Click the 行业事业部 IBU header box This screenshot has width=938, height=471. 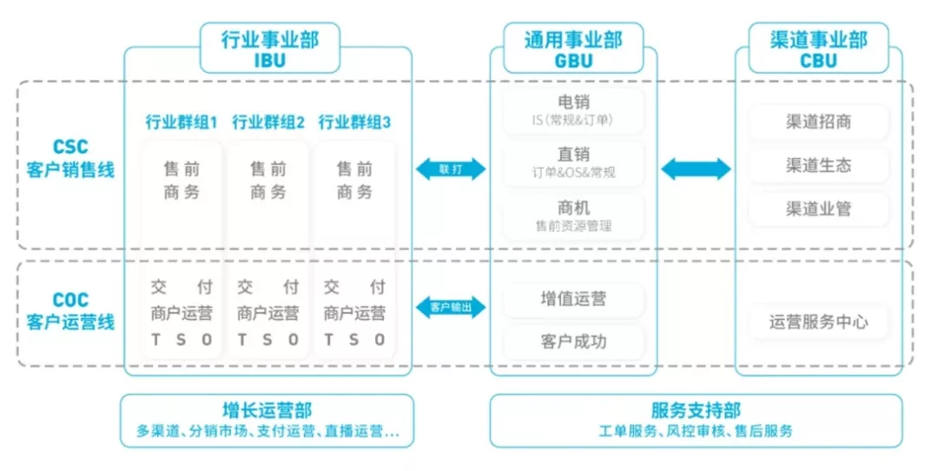269,48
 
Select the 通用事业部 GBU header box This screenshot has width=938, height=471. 573,48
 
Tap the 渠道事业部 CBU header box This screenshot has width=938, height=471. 818,48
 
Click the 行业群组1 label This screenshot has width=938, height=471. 182,122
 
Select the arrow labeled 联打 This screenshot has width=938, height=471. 450,169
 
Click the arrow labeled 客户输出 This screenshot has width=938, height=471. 450,307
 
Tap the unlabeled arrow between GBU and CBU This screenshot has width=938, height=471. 696,169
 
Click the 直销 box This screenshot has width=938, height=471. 573,163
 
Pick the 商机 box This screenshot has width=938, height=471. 573,216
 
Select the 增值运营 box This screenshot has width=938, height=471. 573,299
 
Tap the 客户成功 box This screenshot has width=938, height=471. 573,342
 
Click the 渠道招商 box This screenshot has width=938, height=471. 818,122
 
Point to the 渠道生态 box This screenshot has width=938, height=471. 818,165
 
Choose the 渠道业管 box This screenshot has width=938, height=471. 818,209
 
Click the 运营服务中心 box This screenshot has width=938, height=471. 818,322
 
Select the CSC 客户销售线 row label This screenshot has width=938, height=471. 70,159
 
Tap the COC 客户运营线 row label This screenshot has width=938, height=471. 70,311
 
